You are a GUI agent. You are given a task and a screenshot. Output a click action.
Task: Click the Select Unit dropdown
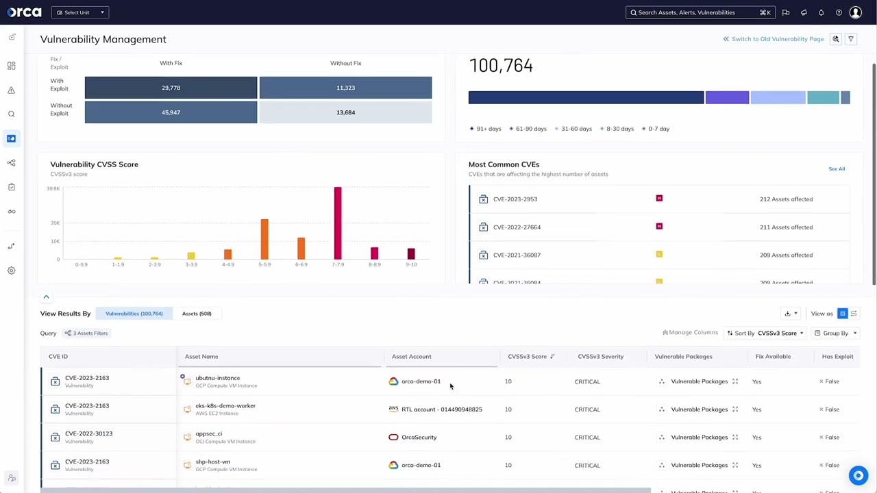(x=80, y=12)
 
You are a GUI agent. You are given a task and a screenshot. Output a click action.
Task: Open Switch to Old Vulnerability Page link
(x=774, y=39)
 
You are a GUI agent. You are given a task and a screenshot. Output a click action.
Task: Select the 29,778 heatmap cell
(x=171, y=88)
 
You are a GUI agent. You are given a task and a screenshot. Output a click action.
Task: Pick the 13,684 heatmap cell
(x=345, y=112)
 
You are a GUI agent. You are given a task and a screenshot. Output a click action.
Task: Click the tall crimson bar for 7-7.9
(x=338, y=223)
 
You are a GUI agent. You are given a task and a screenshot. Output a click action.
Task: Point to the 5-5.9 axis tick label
(x=264, y=264)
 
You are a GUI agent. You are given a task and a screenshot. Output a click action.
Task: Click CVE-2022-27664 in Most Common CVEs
(x=517, y=227)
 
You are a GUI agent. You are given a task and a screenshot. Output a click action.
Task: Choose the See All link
(x=837, y=168)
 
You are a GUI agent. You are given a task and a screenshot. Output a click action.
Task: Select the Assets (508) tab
(x=197, y=314)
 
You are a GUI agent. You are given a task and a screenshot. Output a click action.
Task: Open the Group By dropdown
(x=835, y=333)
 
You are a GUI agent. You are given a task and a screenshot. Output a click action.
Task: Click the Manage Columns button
(x=690, y=333)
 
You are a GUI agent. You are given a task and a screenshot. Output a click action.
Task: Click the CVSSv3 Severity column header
(x=600, y=357)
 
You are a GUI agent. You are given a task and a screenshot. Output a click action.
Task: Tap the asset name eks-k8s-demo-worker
(x=225, y=406)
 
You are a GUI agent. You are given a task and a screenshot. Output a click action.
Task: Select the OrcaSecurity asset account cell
(x=419, y=438)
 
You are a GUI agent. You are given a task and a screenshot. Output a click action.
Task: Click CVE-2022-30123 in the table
(x=88, y=433)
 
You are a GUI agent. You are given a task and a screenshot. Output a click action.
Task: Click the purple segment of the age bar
(x=727, y=98)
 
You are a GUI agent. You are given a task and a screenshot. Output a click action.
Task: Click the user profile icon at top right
(x=855, y=12)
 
